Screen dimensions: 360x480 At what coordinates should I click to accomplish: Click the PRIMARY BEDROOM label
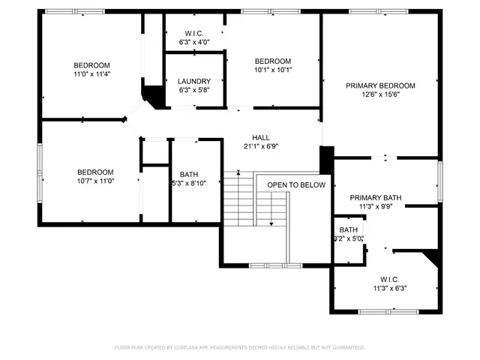(x=380, y=85)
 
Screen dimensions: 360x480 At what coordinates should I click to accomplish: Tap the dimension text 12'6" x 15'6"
(x=380, y=94)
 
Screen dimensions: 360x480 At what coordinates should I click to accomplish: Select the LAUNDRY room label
(x=194, y=81)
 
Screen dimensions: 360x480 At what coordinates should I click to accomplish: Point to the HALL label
(x=260, y=137)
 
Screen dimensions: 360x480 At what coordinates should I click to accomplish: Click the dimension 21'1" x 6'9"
(x=260, y=146)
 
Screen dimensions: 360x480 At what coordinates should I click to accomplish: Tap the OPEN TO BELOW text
(x=296, y=184)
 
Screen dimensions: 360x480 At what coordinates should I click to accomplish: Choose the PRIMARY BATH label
(x=376, y=198)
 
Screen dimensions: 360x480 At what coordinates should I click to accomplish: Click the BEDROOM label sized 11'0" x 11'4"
(x=91, y=65)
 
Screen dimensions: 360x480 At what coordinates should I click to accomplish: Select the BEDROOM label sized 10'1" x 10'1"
(x=272, y=61)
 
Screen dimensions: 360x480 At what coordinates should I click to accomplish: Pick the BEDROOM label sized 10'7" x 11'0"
(x=95, y=172)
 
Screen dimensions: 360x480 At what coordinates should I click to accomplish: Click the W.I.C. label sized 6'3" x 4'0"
(x=194, y=34)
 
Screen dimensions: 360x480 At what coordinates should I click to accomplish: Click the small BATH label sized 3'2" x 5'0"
(x=348, y=230)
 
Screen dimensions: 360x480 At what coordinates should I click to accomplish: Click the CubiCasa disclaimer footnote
(x=239, y=347)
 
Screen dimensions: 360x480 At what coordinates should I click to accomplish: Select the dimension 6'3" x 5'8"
(x=194, y=90)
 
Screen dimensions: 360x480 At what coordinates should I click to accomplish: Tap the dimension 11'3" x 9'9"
(x=376, y=207)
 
